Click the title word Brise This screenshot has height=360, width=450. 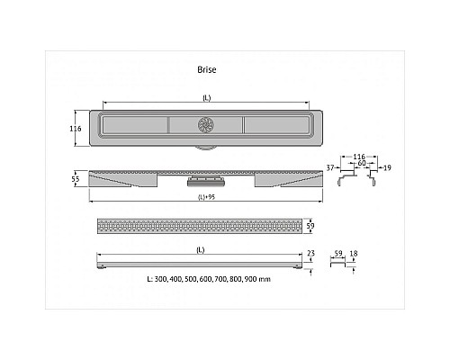207,69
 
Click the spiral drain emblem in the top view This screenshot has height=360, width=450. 206,125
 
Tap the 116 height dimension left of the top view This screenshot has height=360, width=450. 76,129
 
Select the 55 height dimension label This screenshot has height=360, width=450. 76,179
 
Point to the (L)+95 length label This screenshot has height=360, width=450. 206,197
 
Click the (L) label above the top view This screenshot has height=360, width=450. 207,98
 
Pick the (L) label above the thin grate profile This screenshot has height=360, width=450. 201,250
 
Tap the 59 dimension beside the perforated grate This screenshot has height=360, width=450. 310,226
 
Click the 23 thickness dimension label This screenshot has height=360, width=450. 310,254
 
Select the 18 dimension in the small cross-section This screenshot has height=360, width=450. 354,254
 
